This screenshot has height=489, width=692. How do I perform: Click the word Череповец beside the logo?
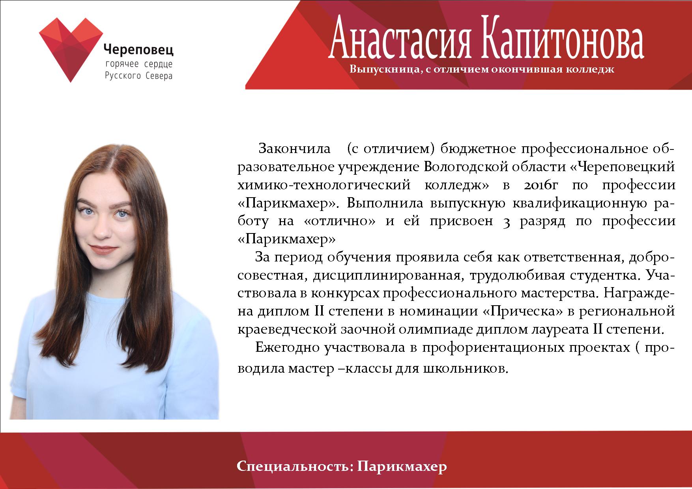(x=138, y=50)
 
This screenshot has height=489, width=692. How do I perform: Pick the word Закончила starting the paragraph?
(x=294, y=149)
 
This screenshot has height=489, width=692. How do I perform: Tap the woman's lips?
(x=102, y=249)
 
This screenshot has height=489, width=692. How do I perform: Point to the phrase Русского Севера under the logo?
(x=138, y=76)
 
